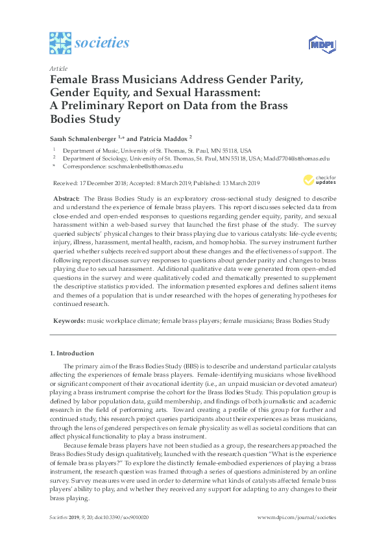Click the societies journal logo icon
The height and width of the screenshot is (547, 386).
coord(60,43)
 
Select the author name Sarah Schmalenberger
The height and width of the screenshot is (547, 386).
coord(86,138)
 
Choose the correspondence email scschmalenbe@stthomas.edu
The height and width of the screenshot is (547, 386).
coord(146,166)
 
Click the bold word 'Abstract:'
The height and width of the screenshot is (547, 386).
coord(66,197)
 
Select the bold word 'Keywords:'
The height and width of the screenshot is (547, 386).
coord(68,320)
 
